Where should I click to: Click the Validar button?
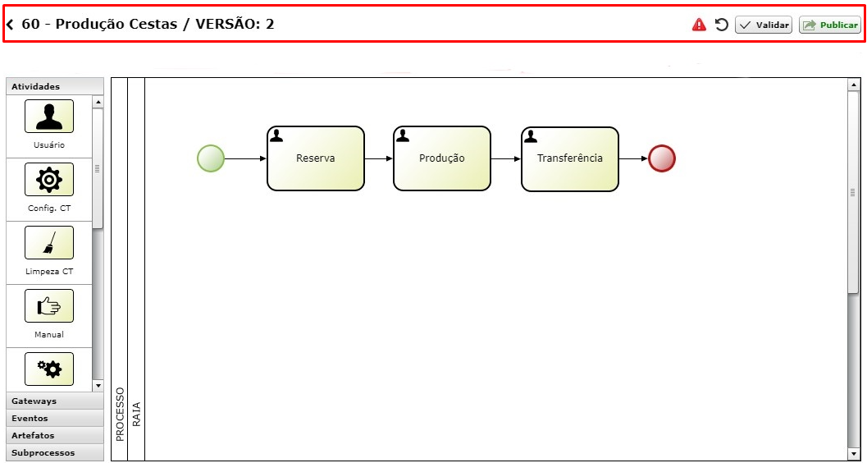(764, 25)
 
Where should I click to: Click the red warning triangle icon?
(699, 25)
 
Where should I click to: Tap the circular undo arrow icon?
(721, 25)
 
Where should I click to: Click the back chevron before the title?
(10, 25)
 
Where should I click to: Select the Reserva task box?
(316, 158)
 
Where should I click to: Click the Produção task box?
(442, 158)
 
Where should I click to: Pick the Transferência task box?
(569, 158)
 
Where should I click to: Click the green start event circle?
(211, 158)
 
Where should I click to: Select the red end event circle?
(662, 158)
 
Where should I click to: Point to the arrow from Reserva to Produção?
(379, 158)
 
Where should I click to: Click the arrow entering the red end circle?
(633, 158)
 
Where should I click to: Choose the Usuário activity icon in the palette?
(49, 117)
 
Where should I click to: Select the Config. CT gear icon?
(49, 179)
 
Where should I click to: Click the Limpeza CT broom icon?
(49, 242)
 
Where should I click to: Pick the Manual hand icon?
(49, 306)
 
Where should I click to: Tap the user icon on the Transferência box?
(530, 136)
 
